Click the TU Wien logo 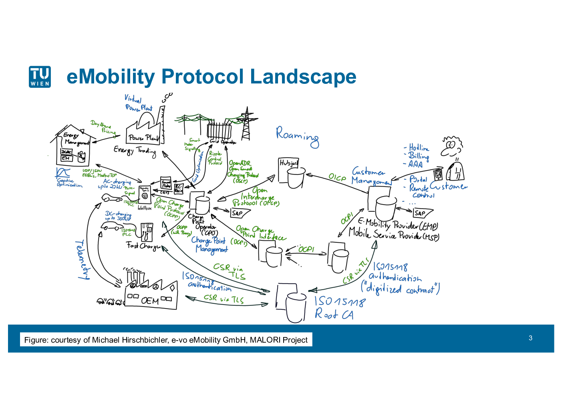click(40, 77)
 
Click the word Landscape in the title click(303, 77)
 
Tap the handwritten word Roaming click(297, 136)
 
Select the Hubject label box click(288, 163)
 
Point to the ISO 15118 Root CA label click(339, 307)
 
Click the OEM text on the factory click(150, 301)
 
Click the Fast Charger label click(144, 245)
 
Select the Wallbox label click(145, 208)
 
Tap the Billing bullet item click(418, 156)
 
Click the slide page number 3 click(530, 338)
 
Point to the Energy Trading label click(135, 151)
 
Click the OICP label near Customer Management click(337, 177)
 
